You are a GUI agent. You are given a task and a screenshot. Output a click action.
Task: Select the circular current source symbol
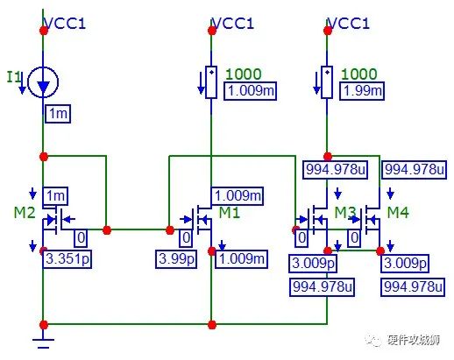coord(41,83)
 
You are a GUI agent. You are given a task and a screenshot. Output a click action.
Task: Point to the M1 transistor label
coord(229,215)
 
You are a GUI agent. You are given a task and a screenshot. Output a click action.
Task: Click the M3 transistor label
coord(345,214)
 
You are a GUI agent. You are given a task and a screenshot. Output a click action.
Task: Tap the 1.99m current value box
coord(361,92)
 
